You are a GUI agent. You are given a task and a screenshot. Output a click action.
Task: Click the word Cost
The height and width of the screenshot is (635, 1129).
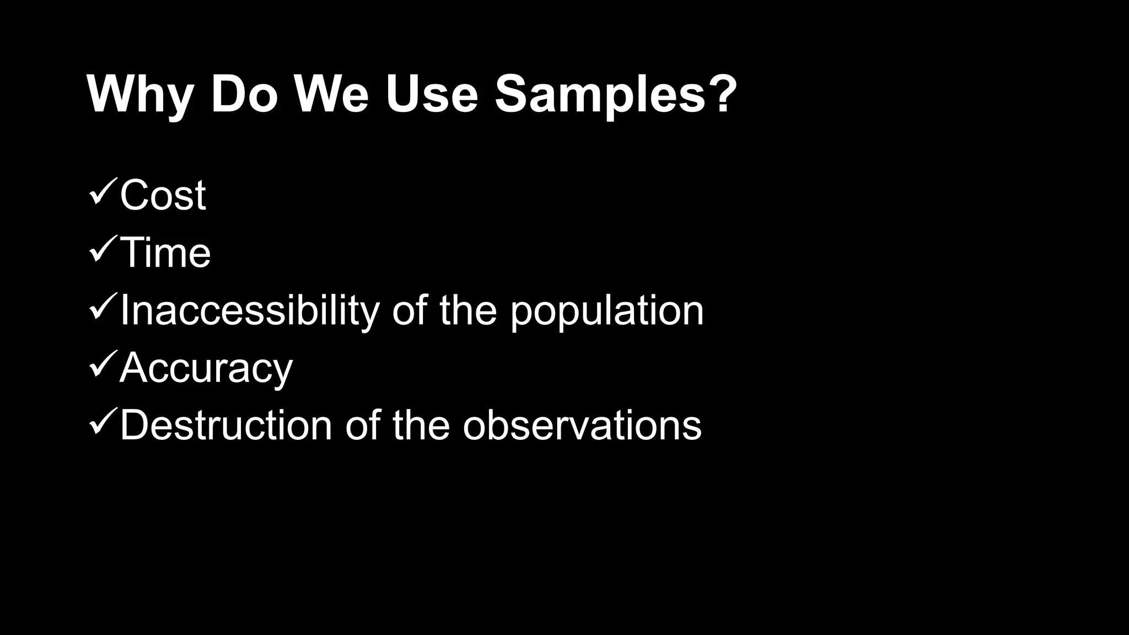[163, 195]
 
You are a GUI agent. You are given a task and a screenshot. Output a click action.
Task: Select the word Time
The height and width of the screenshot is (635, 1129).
[165, 253]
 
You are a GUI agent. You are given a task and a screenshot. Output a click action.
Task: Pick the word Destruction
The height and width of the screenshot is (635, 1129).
[225, 426]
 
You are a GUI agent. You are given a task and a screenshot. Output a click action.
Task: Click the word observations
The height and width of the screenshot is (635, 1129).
[582, 426]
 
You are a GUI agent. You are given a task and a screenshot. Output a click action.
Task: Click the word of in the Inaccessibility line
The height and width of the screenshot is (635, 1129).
[410, 310]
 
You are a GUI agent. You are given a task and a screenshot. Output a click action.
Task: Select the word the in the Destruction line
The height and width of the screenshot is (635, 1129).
[421, 426]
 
